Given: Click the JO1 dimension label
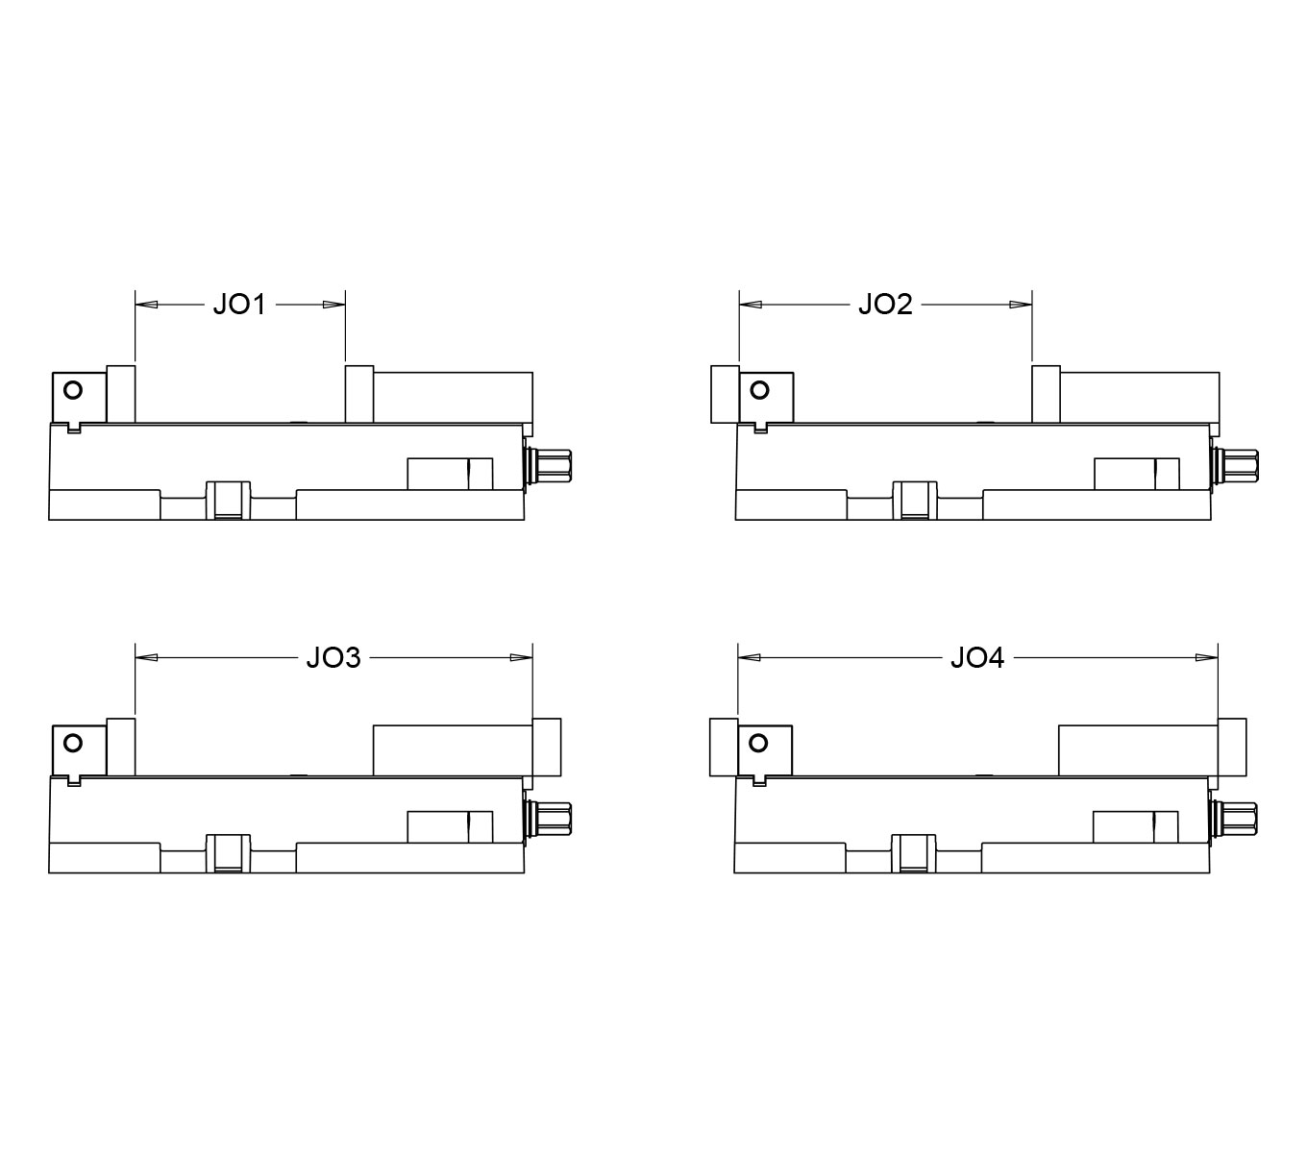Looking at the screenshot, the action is click(x=239, y=305).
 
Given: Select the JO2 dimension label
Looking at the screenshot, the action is click(x=885, y=305).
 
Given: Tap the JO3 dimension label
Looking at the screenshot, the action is click(x=333, y=657).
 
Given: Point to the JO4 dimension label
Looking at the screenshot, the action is click(x=977, y=657).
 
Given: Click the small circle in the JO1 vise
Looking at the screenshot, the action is click(x=73, y=390).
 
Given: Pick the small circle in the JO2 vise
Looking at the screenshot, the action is click(x=760, y=390).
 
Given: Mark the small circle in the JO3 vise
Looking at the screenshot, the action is click(x=73, y=743).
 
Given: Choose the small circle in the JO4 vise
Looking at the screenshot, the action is click(x=758, y=743).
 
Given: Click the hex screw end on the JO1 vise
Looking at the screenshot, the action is click(x=553, y=465).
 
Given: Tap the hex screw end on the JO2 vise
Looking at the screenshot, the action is click(x=1240, y=465).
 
